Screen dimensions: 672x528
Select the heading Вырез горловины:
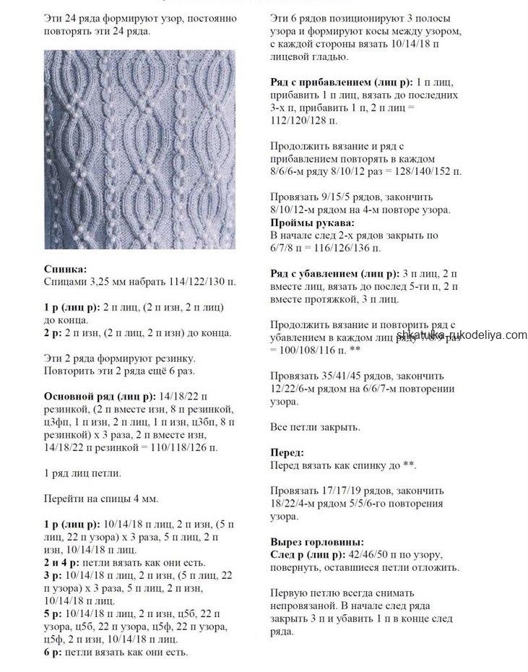(x=317, y=541)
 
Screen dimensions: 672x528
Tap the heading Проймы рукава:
(x=313, y=223)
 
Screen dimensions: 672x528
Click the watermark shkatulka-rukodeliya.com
(x=462, y=335)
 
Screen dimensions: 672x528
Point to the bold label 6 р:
(x=55, y=652)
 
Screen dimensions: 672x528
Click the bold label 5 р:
(x=55, y=613)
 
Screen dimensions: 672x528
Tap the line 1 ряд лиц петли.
(x=82, y=473)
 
